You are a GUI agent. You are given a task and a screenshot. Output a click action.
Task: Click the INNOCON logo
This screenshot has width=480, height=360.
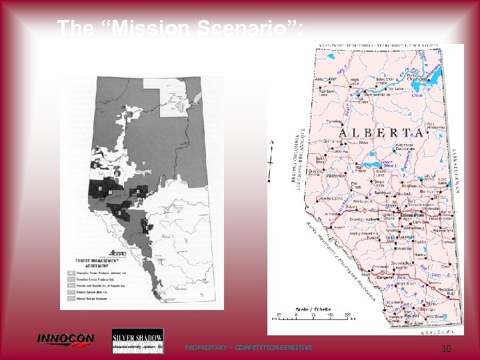(65, 340)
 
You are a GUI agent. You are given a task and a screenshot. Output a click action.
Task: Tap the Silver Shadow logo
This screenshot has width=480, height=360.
(137, 341)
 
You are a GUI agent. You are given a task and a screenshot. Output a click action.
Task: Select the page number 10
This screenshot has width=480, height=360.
(447, 349)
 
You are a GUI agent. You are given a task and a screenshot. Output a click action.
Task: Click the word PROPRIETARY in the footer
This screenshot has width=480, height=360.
(205, 347)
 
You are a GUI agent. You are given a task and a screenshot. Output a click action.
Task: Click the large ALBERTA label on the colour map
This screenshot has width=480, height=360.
(381, 133)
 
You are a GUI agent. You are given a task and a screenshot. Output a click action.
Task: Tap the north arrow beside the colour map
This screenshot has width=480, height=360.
(271, 160)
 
